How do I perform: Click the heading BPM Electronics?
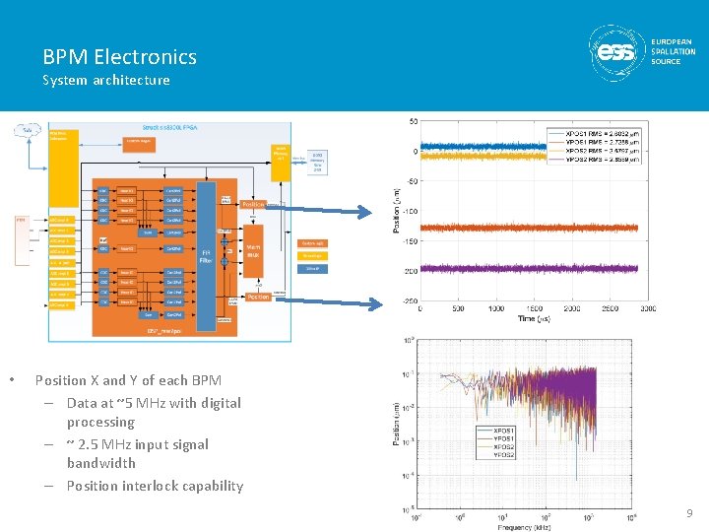[x=119, y=57]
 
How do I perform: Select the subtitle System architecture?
[x=105, y=80]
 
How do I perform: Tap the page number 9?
[x=689, y=513]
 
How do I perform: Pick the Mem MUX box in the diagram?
[x=253, y=251]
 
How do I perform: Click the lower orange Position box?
[x=258, y=297]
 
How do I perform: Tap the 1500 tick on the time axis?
[x=571, y=308]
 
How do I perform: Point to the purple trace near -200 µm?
[x=532, y=266]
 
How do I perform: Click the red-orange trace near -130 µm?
[x=532, y=228]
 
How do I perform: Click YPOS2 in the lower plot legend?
[x=502, y=455]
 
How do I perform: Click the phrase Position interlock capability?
[x=155, y=486]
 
